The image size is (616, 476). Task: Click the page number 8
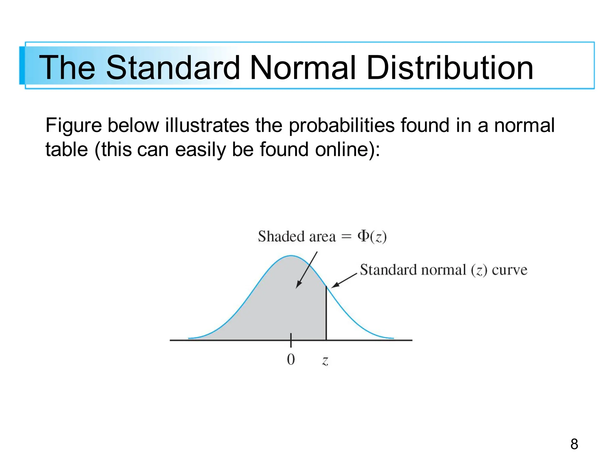(x=574, y=444)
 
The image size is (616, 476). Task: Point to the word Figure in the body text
(x=73, y=125)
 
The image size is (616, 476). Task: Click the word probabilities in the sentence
(x=341, y=125)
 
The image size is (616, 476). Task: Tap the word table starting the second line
(x=66, y=149)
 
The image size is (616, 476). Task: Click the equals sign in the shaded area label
(x=346, y=236)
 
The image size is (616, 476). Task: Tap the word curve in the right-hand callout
(x=509, y=270)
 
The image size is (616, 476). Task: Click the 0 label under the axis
(x=291, y=359)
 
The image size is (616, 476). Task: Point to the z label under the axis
(x=325, y=360)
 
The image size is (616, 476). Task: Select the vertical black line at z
(x=326, y=313)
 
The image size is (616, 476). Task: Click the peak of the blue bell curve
(x=291, y=256)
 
